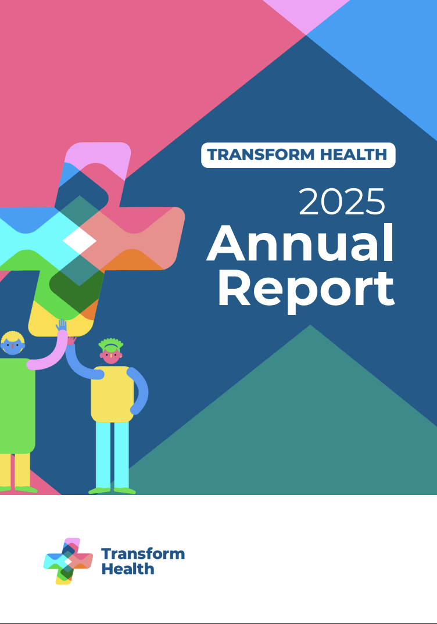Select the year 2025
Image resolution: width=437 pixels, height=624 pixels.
342,202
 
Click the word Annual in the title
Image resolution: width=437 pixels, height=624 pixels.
300,243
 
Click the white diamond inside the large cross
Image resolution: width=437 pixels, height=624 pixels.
80,241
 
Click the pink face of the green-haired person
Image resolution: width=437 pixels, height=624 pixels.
111,356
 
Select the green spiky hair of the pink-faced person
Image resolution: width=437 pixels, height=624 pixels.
111,345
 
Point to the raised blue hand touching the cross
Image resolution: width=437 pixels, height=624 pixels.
61,325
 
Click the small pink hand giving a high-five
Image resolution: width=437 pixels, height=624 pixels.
71,340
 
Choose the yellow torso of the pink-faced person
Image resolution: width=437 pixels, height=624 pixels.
112,394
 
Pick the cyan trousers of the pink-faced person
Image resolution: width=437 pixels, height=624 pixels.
112,456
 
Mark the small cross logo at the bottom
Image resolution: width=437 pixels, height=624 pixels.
68,561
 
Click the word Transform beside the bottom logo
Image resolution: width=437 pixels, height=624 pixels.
143,554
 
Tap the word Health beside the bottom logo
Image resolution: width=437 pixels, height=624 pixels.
128,569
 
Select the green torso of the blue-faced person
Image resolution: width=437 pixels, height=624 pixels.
17,406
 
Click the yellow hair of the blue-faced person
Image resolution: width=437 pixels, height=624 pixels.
13,338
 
